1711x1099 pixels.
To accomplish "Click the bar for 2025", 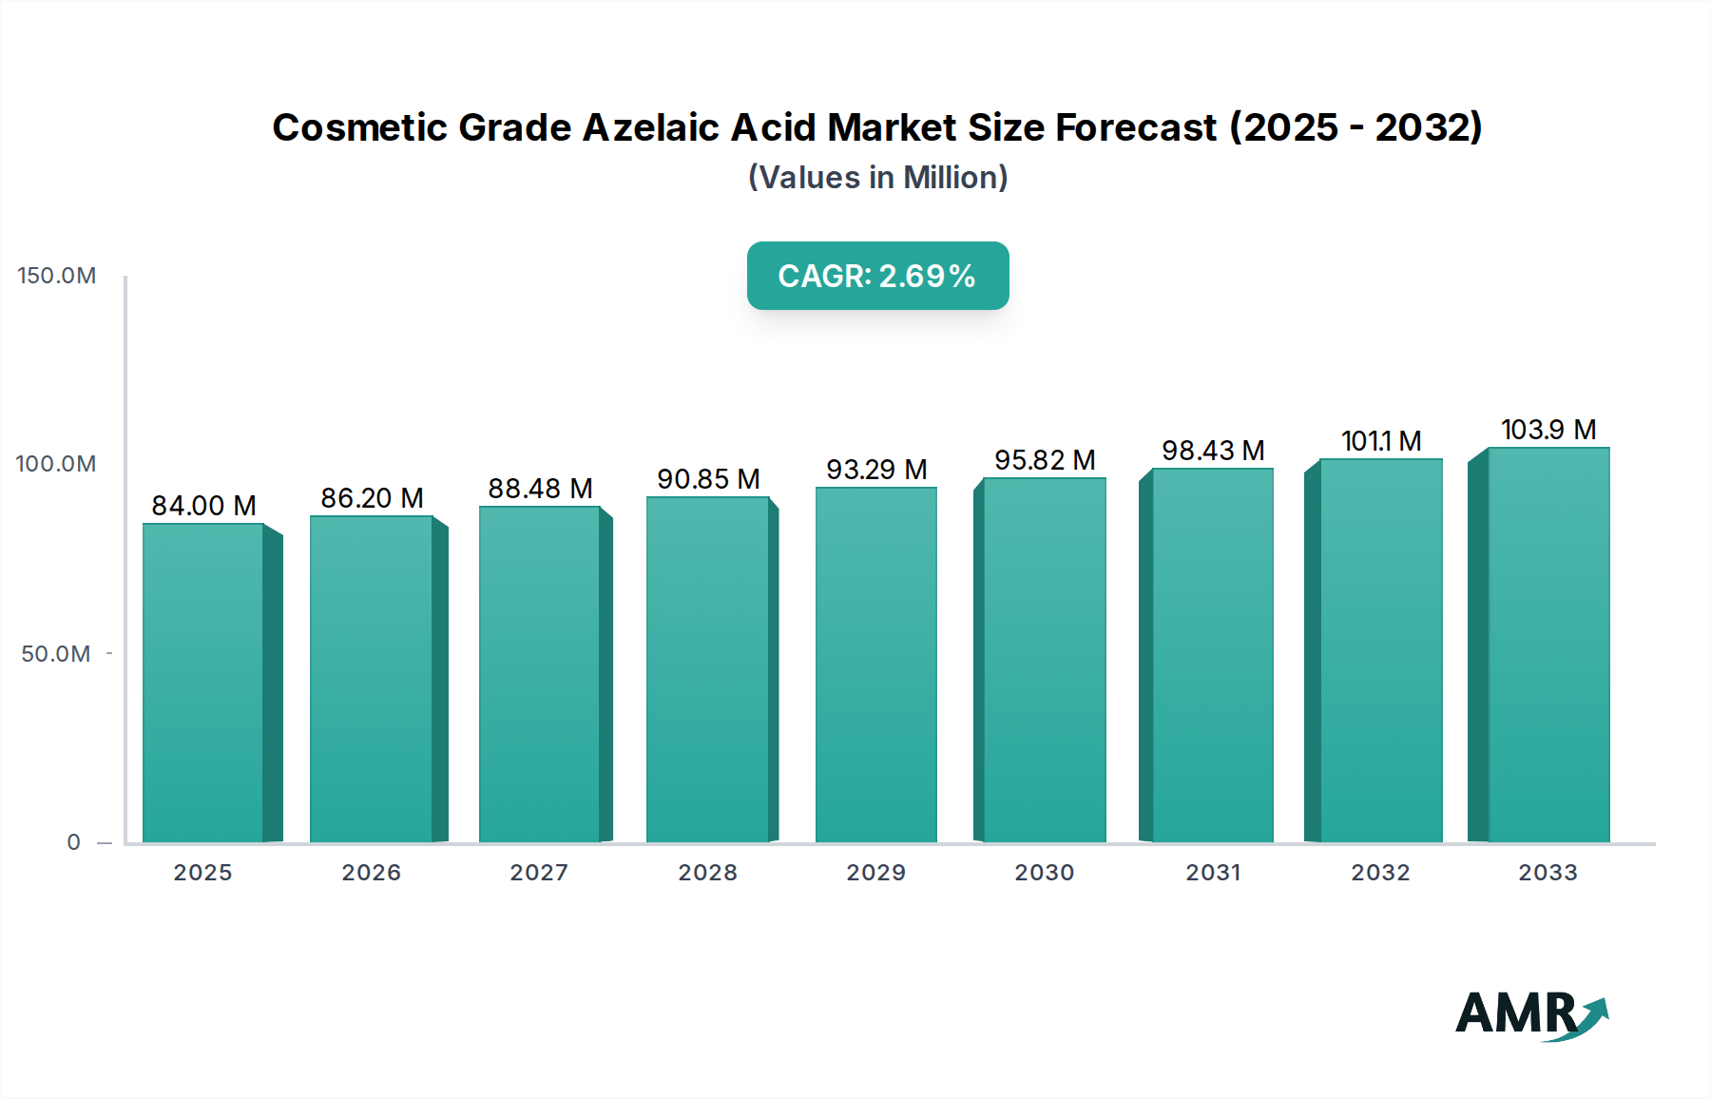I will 203,683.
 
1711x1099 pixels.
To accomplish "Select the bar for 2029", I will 875,665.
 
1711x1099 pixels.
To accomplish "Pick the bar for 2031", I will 1212,655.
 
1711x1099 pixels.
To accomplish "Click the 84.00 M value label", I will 203,506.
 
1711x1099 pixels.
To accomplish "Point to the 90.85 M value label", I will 708,479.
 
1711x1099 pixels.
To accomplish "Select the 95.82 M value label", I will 1045,460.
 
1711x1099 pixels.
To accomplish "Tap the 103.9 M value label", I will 1548,430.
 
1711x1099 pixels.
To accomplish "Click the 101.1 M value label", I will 1380,441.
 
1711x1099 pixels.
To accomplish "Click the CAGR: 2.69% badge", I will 877,276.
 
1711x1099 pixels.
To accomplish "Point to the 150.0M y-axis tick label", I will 57,276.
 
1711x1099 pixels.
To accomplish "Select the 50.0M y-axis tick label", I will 56,654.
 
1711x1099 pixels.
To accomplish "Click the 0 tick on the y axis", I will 73,842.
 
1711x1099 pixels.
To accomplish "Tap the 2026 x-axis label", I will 371,873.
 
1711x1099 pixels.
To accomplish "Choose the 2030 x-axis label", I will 1044,873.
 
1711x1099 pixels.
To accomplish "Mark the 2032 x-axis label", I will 1380,873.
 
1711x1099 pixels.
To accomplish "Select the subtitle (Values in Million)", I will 877,178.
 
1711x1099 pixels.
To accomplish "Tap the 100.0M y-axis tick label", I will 56,464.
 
